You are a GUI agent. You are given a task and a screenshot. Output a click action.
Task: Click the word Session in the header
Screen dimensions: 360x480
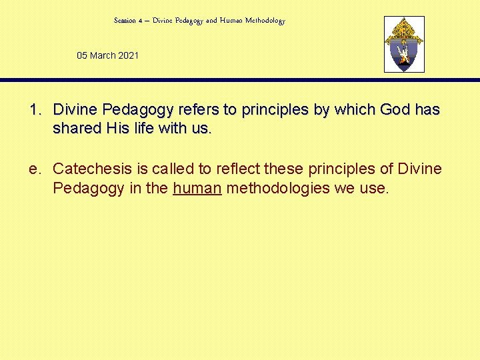tap(125, 21)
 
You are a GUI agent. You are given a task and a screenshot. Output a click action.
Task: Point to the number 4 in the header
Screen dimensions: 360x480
tap(141, 21)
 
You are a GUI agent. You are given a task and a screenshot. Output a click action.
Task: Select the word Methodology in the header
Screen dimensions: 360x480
tap(265, 21)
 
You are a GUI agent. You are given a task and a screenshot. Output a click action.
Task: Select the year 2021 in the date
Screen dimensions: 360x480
tap(129, 55)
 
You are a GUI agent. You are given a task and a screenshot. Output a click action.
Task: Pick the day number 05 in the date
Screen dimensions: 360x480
tap(82, 55)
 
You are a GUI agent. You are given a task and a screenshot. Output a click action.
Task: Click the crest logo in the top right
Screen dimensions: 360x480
tap(404, 44)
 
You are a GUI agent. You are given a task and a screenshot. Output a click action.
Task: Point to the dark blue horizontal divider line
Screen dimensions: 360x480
tap(240, 80)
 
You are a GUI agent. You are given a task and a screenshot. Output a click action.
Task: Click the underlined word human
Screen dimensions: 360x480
tap(197, 188)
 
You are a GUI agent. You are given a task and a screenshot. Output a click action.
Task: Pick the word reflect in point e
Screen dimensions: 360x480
tap(237, 169)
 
